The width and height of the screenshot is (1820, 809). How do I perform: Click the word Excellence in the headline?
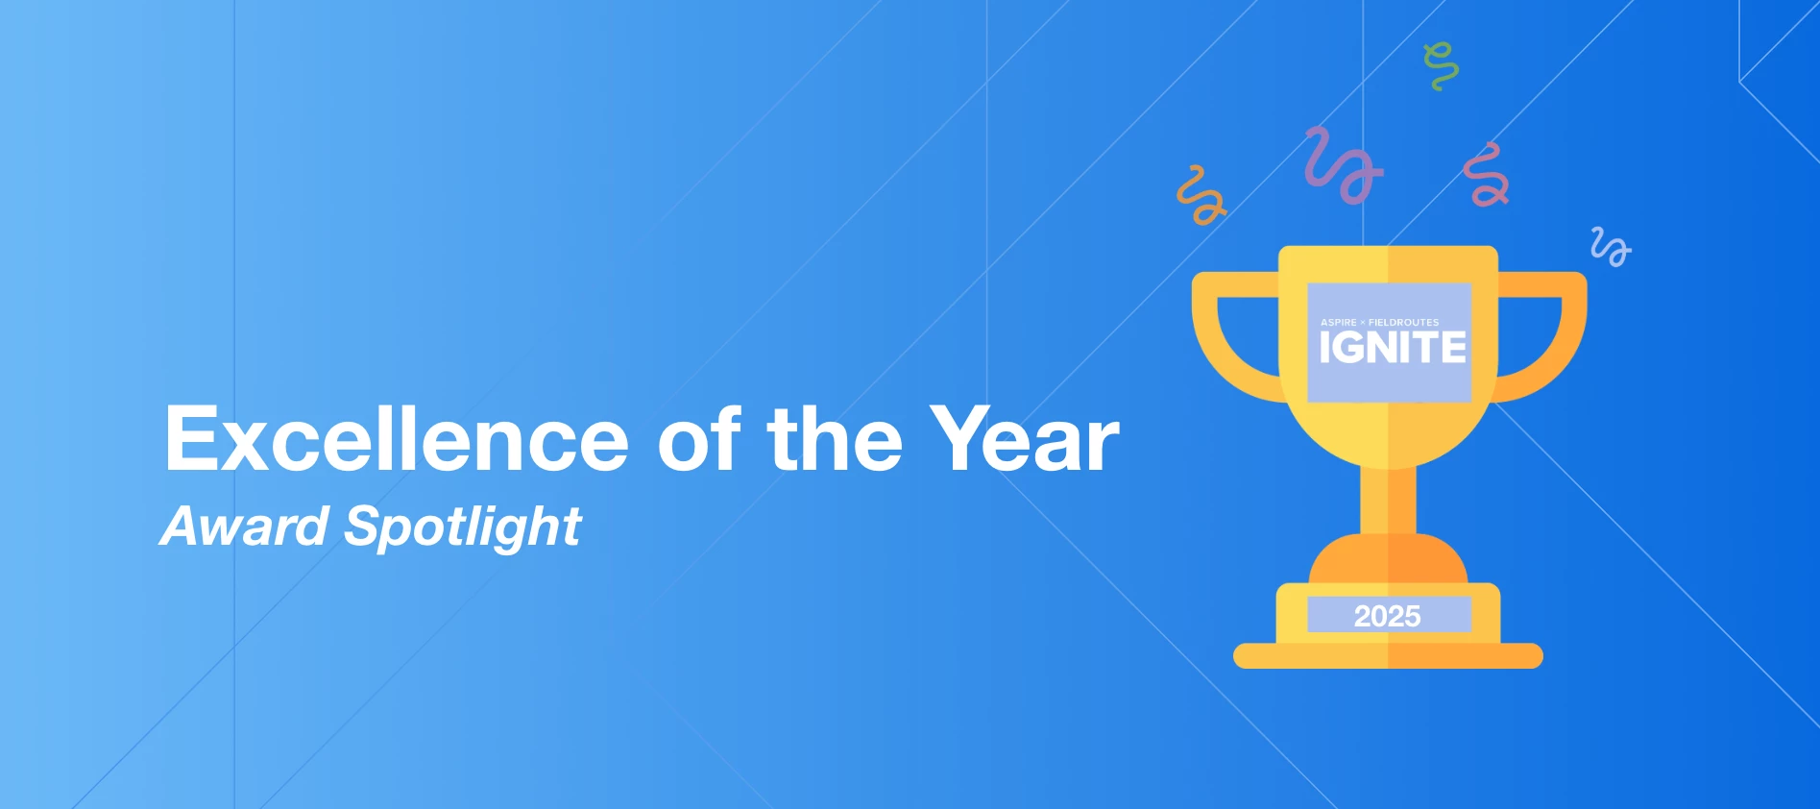click(397, 439)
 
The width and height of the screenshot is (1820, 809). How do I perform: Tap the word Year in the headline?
click(1025, 439)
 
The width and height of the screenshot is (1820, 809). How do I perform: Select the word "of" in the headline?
click(699, 437)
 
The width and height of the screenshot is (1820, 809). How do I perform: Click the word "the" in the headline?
click(835, 437)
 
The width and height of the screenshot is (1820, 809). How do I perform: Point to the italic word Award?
click(245, 527)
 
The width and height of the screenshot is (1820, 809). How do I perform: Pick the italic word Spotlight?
click(463, 527)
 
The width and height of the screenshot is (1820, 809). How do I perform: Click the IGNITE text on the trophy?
click(1393, 348)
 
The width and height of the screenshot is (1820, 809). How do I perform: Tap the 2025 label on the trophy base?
click(1387, 616)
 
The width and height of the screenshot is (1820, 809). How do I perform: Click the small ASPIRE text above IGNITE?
click(1339, 322)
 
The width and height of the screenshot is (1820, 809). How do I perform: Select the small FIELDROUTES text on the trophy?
click(1404, 322)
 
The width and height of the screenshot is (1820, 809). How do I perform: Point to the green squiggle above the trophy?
click(1441, 66)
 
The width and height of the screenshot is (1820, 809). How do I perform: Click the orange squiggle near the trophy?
click(1201, 195)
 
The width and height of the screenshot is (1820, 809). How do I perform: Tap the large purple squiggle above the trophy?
click(1343, 165)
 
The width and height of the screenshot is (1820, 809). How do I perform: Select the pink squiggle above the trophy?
click(1487, 175)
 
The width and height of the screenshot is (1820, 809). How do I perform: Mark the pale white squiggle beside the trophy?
click(1611, 247)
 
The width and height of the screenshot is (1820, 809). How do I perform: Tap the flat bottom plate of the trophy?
click(1388, 656)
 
